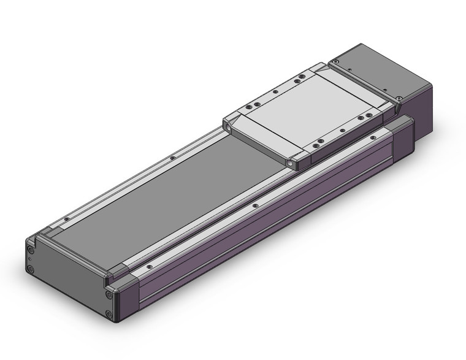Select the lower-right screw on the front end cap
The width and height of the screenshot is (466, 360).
pos(110,315)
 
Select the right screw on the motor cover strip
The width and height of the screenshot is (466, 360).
pos(399,98)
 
